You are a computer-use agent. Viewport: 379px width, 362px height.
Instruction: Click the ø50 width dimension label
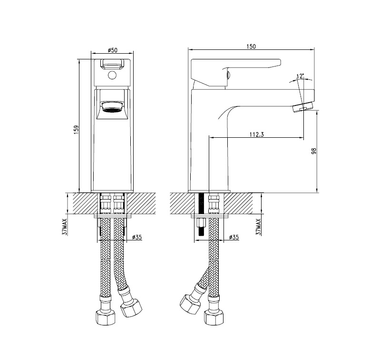[113, 50]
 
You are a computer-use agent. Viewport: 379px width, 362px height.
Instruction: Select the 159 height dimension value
[77, 130]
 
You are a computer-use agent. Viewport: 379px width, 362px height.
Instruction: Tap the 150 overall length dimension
[252, 47]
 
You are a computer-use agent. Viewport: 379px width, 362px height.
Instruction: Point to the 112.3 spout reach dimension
[256, 134]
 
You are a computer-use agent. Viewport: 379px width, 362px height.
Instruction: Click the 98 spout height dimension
[314, 151]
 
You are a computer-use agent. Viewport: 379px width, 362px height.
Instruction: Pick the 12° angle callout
[301, 76]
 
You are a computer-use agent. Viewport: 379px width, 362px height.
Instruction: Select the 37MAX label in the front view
[65, 227]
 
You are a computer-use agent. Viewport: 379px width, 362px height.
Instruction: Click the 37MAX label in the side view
[259, 227]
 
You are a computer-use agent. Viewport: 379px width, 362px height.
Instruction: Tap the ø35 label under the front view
[137, 237]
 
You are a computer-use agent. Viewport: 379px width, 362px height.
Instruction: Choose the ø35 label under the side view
[233, 237]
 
